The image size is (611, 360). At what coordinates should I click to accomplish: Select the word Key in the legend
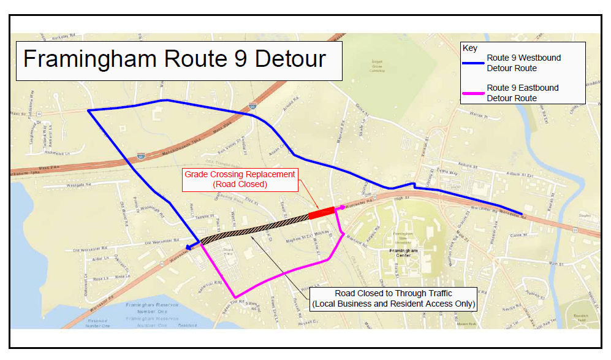tap(470, 48)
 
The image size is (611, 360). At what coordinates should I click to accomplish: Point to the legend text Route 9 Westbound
tap(523, 58)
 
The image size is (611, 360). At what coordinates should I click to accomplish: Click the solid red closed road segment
tap(321, 213)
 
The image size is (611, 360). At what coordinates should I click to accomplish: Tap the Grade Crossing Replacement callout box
tap(240, 179)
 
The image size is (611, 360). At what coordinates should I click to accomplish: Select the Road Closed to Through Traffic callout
tap(393, 299)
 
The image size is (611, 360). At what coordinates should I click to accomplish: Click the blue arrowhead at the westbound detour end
tap(190, 247)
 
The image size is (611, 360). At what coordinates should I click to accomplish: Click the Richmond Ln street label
tap(58, 153)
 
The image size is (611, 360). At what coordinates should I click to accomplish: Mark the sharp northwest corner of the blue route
tap(89, 110)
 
